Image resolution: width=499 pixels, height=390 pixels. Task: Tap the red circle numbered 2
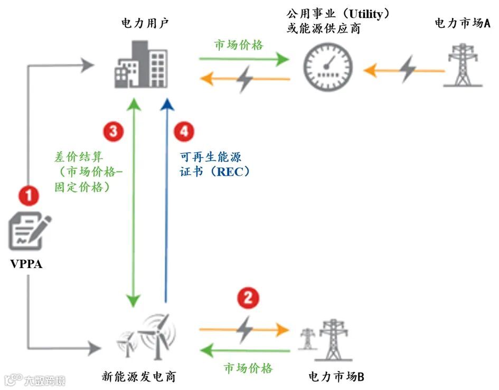click(247, 299)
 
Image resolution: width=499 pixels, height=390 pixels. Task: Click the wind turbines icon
click(148, 338)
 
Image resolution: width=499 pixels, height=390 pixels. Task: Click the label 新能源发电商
click(138, 377)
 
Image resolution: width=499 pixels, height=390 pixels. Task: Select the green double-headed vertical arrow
click(134, 201)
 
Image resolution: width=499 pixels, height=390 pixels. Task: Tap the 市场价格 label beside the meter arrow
click(238, 45)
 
